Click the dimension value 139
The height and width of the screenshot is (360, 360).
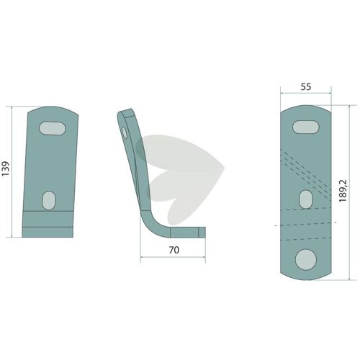coord(5,168)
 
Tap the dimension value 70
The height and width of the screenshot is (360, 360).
coord(174,250)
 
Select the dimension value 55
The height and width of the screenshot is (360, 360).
coord(306,86)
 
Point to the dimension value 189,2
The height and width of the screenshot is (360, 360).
coord(343,191)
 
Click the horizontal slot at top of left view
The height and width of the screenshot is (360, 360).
coord(53,128)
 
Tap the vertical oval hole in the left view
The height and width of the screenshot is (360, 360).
coord(49,200)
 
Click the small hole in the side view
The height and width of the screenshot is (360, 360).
coord(125,132)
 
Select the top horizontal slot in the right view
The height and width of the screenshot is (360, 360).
coord(306,127)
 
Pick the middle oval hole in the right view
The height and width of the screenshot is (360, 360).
coord(306,199)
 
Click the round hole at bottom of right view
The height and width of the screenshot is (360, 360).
coord(306,260)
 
